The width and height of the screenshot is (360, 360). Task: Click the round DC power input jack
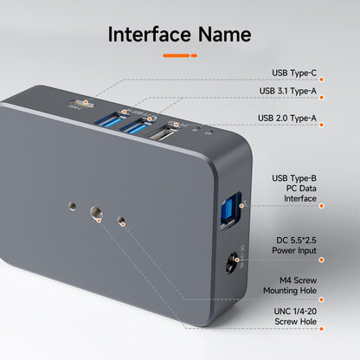coord(232,260)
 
